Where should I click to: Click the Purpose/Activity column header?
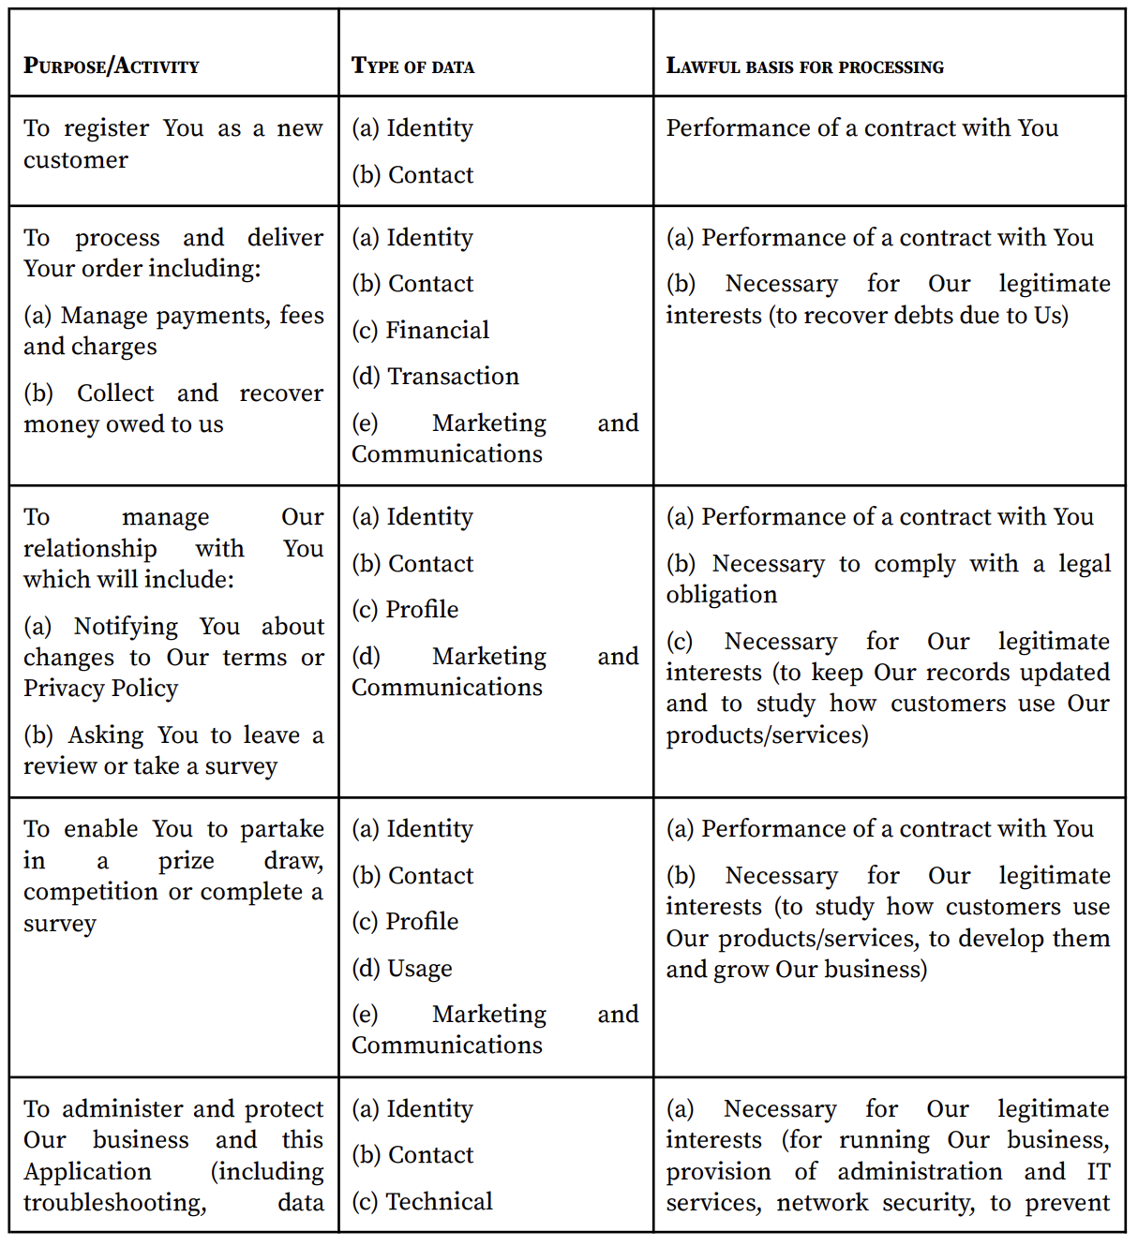click(112, 66)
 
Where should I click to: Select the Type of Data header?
click(412, 66)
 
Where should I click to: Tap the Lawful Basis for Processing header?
click(804, 66)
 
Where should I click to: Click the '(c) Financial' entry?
click(420, 330)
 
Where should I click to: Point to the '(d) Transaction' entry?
click(435, 376)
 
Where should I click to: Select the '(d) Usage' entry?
click(401, 968)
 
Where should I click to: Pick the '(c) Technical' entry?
click(422, 1201)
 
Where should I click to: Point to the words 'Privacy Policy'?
click(100, 689)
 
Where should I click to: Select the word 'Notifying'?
click(126, 626)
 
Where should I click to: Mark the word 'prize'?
click(186, 860)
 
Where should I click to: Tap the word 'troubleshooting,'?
click(114, 1203)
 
